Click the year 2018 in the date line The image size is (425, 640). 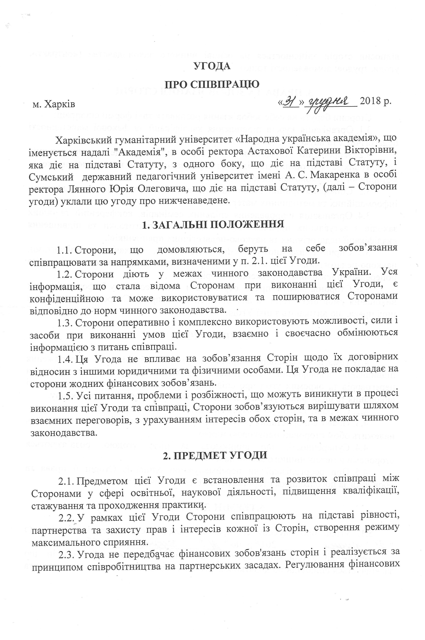(370, 103)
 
